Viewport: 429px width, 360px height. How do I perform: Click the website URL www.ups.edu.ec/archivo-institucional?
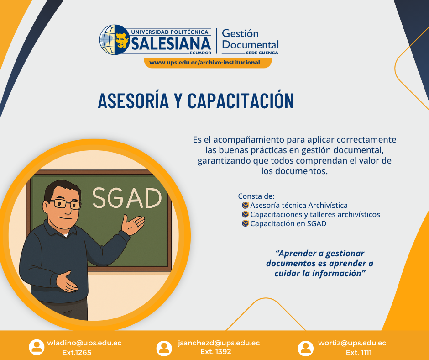click(x=204, y=63)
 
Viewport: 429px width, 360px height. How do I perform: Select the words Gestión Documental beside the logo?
click(x=250, y=39)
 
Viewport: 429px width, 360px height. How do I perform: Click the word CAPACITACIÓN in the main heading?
click(x=241, y=101)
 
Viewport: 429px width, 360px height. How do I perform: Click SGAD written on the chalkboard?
click(x=127, y=197)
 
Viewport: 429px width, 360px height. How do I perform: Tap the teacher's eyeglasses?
click(x=65, y=203)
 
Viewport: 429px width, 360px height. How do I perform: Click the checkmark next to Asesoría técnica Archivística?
click(x=246, y=205)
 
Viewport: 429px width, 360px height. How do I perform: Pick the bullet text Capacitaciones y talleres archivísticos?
click(x=315, y=214)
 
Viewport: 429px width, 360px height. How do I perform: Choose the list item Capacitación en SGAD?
click(x=288, y=223)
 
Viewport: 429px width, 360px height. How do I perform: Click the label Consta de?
click(x=256, y=196)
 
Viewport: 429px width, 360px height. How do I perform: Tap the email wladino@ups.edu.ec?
click(x=84, y=343)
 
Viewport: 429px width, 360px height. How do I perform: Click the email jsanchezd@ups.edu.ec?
click(x=219, y=343)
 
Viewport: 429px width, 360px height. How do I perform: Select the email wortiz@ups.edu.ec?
click(x=352, y=343)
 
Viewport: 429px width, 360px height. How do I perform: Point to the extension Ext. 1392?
click(x=216, y=352)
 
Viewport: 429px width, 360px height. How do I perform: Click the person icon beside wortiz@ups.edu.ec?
click(x=305, y=348)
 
